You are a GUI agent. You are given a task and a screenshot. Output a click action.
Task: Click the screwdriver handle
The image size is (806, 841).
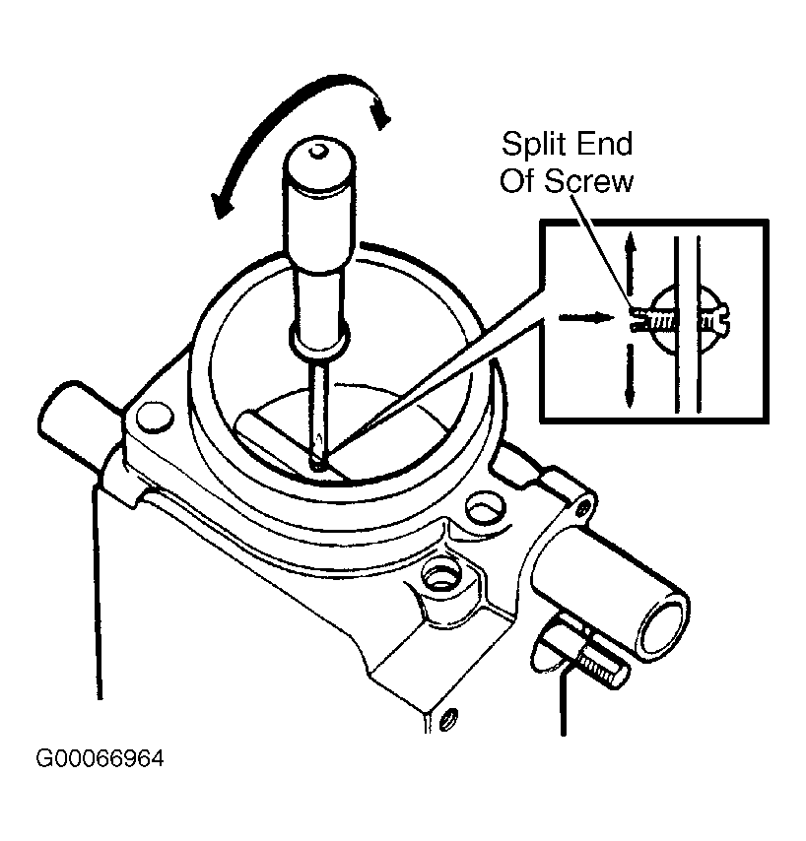pos(316,246)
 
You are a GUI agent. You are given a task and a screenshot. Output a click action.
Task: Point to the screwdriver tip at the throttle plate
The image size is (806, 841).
pos(315,459)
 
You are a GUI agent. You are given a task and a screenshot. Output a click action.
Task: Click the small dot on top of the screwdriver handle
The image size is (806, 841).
pos(316,152)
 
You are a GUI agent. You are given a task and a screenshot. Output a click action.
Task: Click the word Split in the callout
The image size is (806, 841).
pos(538,145)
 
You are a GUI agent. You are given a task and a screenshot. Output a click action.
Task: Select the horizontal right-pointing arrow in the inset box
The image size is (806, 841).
pos(580,317)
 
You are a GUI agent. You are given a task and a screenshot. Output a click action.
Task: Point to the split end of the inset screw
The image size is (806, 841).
pos(636,317)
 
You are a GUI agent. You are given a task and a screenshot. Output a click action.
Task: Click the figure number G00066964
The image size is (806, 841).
pos(100,760)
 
